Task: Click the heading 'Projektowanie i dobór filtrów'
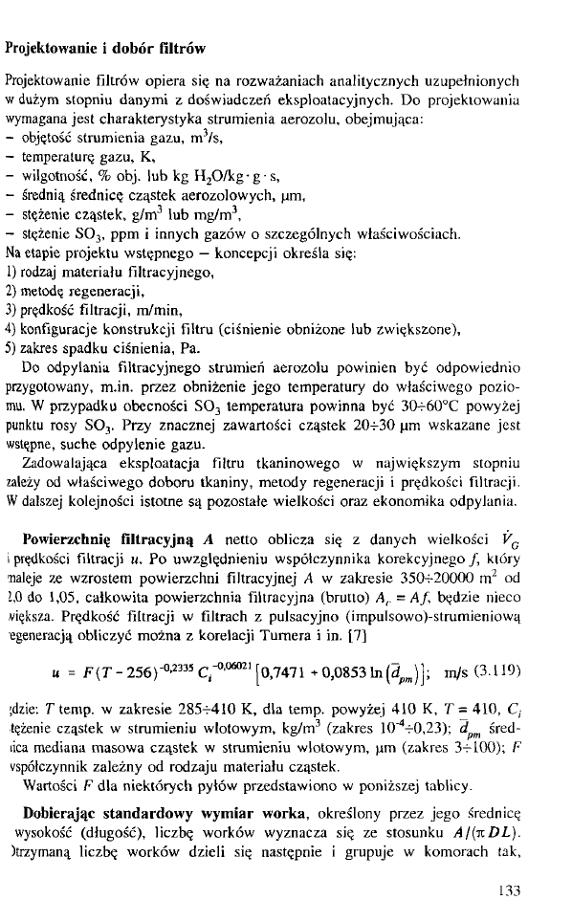coord(106,47)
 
